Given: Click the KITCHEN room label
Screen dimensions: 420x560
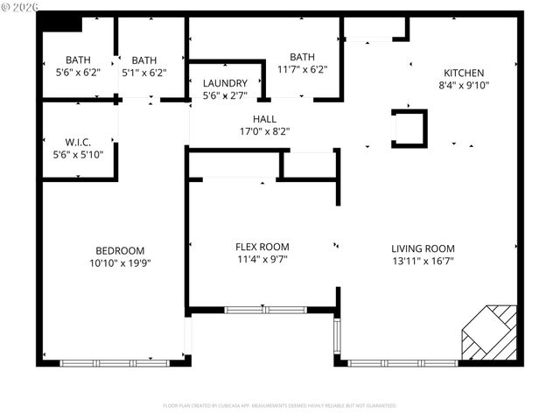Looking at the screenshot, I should click(x=463, y=73).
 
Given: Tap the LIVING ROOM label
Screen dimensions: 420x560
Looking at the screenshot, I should click(x=423, y=248).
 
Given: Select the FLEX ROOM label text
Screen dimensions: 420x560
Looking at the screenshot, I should click(x=262, y=247).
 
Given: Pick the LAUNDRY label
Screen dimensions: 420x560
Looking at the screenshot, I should click(x=225, y=83).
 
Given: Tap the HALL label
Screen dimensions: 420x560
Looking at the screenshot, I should click(x=264, y=119).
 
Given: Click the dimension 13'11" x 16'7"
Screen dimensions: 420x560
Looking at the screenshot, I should click(x=423, y=261).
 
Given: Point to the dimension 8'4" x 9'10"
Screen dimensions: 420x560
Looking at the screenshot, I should click(x=463, y=86).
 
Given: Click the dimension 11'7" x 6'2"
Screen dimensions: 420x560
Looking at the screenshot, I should click(x=302, y=69).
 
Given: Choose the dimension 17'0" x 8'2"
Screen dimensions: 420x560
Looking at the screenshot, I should click(x=264, y=131).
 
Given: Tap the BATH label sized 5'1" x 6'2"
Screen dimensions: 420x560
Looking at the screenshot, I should click(x=144, y=60).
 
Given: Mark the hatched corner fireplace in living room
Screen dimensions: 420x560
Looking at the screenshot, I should click(x=489, y=333).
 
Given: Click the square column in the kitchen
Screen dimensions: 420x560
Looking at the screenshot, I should click(x=409, y=129).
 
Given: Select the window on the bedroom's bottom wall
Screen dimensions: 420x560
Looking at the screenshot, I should click(x=115, y=361).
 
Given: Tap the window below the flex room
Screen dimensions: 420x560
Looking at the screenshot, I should click(x=265, y=309).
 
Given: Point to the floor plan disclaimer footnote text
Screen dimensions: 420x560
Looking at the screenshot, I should click(x=279, y=406).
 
